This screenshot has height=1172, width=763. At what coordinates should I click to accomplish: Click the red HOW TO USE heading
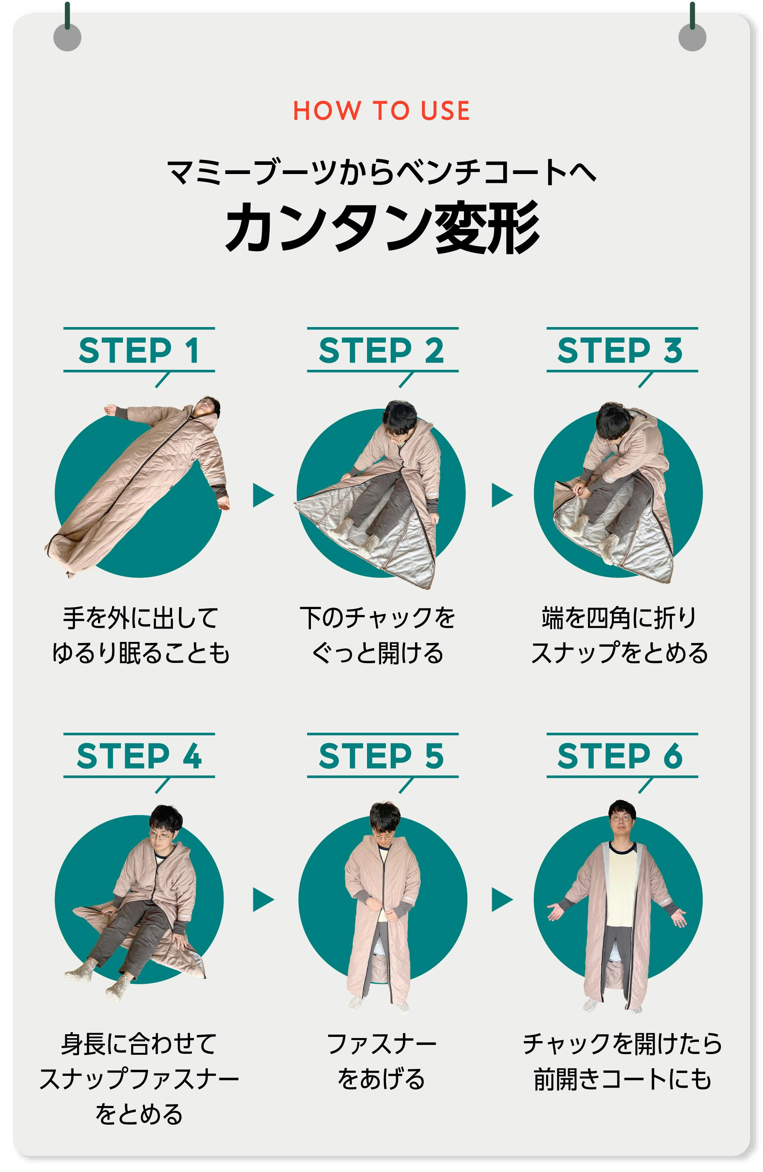click(381, 110)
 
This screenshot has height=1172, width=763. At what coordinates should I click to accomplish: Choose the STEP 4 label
click(139, 756)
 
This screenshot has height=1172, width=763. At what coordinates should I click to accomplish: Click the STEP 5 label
click(381, 756)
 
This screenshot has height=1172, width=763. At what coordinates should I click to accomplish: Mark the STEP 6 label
click(620, 756)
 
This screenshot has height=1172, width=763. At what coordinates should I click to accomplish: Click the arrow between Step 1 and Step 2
click(263, 495)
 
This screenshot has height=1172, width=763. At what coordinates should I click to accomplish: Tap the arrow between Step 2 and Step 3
click(502, 495)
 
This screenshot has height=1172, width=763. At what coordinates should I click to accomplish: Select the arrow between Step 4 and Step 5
click(263, 900)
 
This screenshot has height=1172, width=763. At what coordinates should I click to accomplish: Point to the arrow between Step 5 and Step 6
click(502, 900)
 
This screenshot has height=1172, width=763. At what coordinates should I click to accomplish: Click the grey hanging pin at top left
click(68, 37)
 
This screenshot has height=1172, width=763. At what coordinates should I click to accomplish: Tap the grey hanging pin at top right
click(692, 37)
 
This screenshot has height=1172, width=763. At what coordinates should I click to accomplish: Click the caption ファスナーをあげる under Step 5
click(381, 1061)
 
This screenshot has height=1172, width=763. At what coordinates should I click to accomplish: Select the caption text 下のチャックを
click(378, 617)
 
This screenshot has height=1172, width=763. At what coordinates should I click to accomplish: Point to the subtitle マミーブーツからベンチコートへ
click(381, 172)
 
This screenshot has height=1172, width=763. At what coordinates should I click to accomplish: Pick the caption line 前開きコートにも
click(622, 1079)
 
